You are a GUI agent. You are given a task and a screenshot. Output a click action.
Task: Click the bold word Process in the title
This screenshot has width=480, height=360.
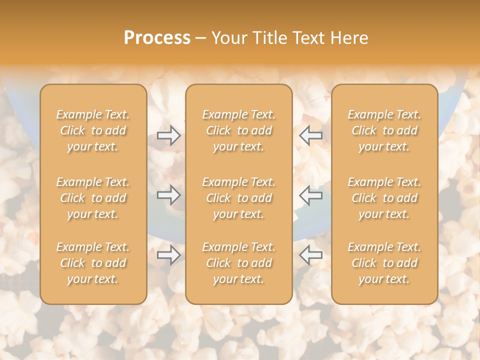pos(157,38)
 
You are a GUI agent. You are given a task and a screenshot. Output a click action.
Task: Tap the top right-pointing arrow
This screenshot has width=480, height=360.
pos(169,135)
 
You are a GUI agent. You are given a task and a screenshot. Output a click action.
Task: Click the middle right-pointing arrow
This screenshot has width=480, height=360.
pos(169,195)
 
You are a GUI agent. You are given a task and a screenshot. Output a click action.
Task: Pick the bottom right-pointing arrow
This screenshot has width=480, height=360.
pos(169,255)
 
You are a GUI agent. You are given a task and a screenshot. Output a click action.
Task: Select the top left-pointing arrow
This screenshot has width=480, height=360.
pos(311,135)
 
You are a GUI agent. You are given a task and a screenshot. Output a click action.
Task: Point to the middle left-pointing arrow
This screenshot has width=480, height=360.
pos(311,195)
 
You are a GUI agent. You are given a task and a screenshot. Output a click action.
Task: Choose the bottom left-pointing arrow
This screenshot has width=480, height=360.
pos(311,255)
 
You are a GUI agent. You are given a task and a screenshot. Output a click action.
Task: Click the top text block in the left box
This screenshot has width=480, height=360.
pos(93,130)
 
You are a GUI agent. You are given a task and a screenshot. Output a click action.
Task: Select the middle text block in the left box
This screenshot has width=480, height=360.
pos(93,198)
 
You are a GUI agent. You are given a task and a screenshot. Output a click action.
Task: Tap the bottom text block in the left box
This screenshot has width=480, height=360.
pos(93,263)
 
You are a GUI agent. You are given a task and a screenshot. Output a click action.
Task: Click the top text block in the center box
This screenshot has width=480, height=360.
pos(239,130)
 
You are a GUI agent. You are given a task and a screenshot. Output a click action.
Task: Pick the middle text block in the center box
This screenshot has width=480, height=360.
pos(239,198)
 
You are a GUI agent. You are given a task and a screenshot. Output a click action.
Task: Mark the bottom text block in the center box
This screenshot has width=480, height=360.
pos(239,263)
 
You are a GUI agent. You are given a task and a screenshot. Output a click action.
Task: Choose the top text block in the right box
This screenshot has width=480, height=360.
pos(384,130)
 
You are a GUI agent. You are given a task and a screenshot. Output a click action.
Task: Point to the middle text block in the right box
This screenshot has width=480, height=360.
pos(384,198)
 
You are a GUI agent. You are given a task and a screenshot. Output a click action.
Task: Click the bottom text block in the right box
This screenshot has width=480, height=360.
pos(384,263)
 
